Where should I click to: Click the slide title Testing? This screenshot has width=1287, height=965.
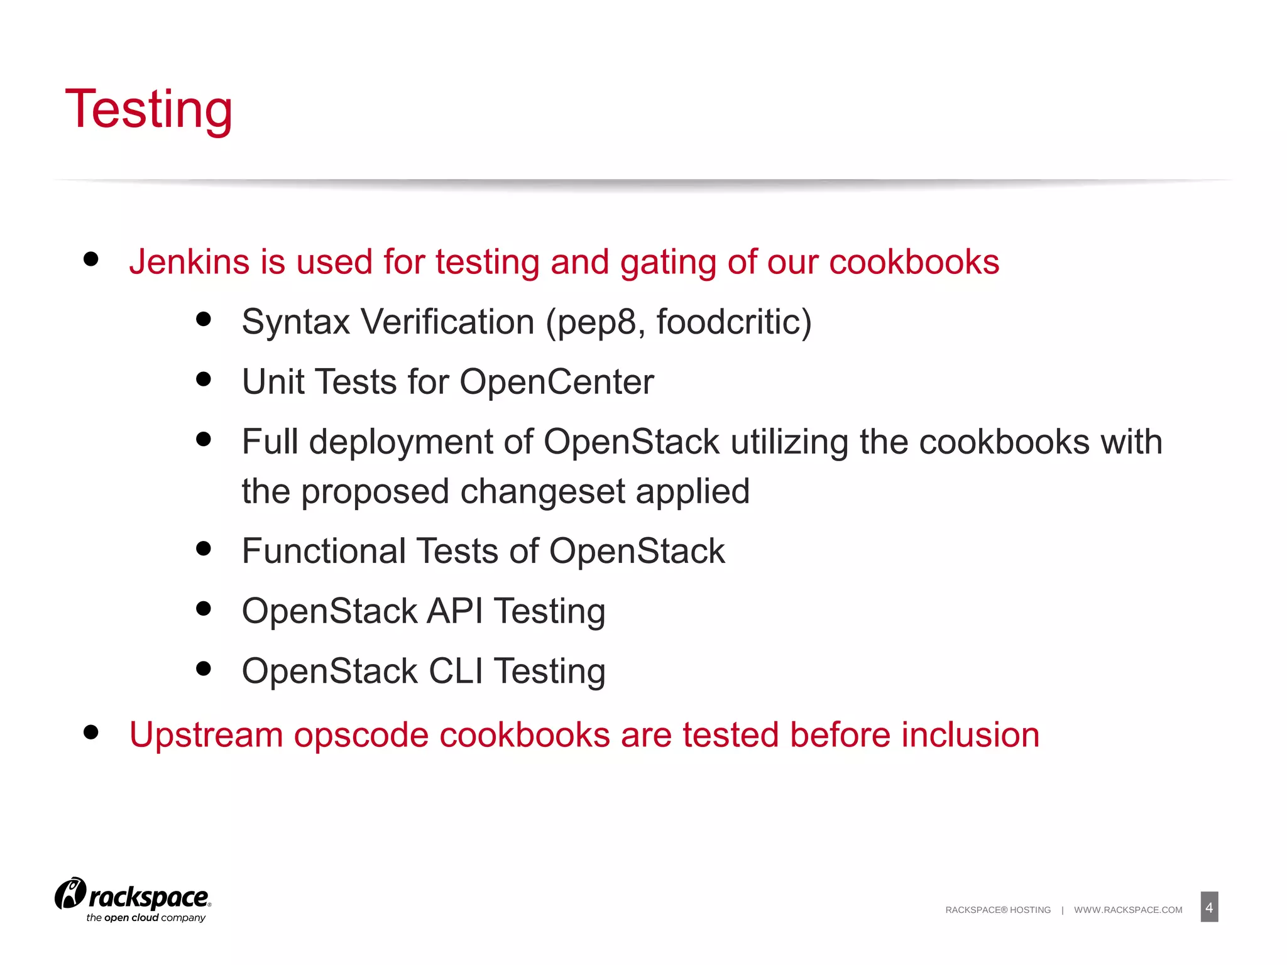pyautogui.click(x=149, y=109)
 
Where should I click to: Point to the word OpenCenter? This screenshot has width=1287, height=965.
pyautogui.click(x=557, y=382)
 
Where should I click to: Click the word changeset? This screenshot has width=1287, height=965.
pyautogui.click(x=542, y=492)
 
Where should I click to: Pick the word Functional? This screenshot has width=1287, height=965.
pyautogui.click(x=324, y=552)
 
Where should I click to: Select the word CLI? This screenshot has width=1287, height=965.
pyautogui.click(x=456, y=671)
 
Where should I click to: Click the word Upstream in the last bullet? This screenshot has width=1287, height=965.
pyautogui.click(x=206, y=735)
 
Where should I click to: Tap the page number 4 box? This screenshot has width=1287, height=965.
pyautogui.click(x=1208, y=907)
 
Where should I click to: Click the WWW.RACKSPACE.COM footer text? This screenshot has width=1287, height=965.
pyautogui.click(x=1128, y=910)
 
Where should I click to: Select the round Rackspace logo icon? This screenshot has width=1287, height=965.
pyautogui.click(x=70, y=894)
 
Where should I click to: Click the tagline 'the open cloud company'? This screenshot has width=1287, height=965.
pyautogui.click(x=146, y=918)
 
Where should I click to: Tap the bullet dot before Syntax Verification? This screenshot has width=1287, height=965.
pyautogui.click(x=203, y=319)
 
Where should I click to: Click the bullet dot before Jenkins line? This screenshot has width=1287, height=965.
pyautogui.click(x=91, y=259)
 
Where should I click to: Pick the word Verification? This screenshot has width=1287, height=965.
pyautogui.click(x=447, y=322)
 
